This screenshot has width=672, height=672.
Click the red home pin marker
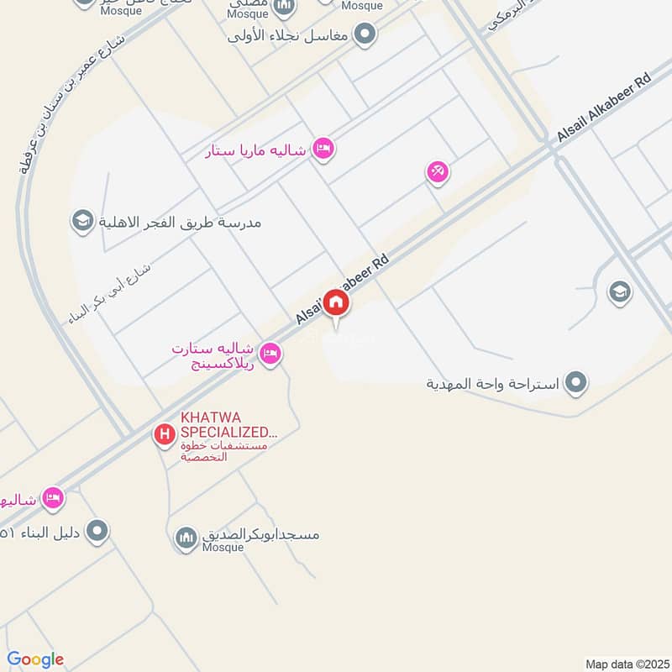pyautogui.click(x=336, y=303)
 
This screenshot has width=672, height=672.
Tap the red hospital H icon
pyautogui.click(x=164, y=434)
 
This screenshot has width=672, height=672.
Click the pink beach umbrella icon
pyautogui.click(x=437, y=172)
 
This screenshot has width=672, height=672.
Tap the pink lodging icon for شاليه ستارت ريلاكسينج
pyautogui.click(x=270, y=354)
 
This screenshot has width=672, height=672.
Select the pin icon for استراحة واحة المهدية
pyautogui.click(x=575, y=383)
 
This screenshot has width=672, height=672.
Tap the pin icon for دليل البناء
pyautogui.click(x=98, y=531)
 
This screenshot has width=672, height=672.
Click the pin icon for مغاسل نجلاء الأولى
pyautogui.click(x=365, y=34)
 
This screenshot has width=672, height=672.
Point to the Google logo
pyautogui.click(x=35, y=659)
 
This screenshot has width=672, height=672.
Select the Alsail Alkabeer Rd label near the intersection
pyautogui.click(x=603, y=110)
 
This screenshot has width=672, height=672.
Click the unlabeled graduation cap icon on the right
pyautogui.click(x=620, y=291)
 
